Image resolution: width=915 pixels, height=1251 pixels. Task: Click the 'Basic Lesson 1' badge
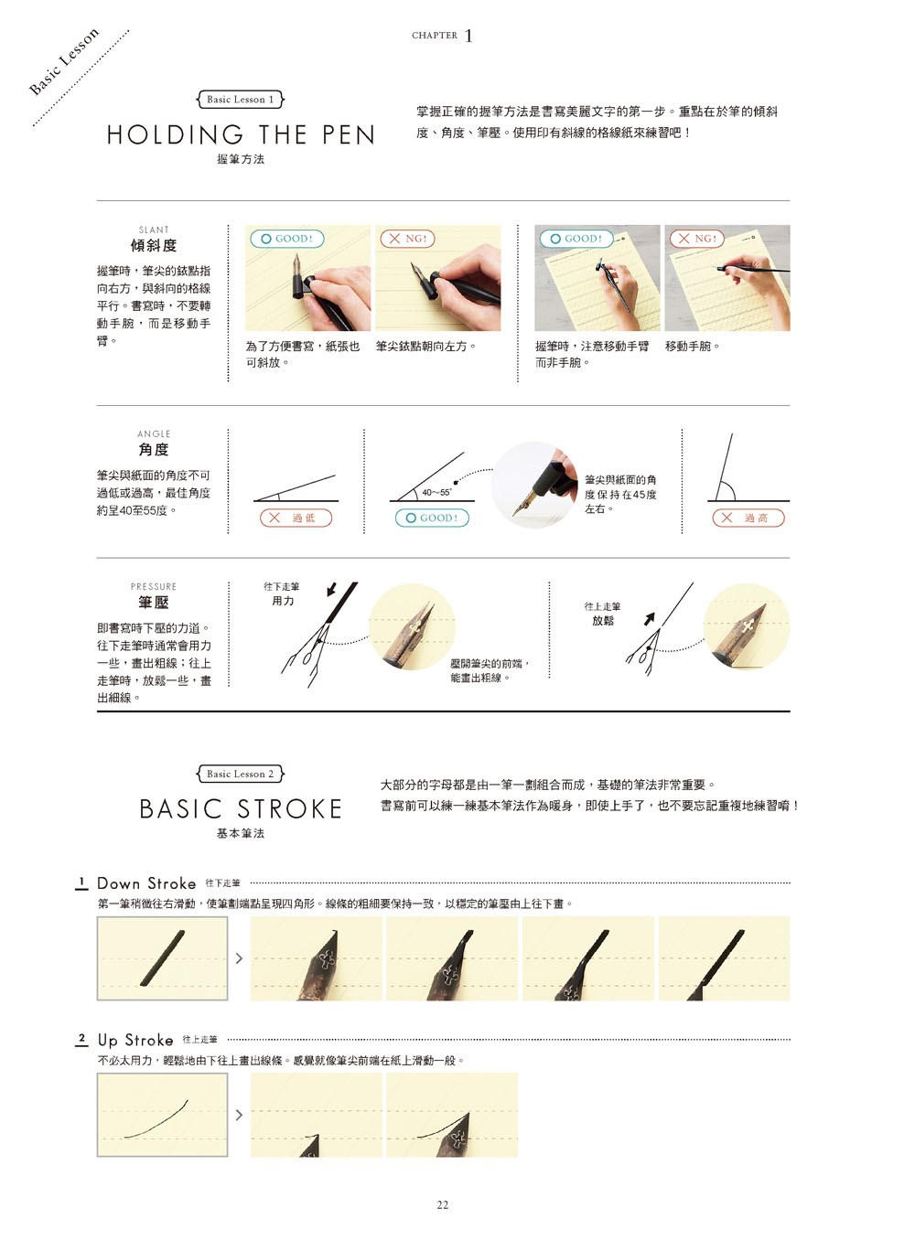click(240, 100)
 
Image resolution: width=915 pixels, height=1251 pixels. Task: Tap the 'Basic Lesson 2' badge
click(240, 774)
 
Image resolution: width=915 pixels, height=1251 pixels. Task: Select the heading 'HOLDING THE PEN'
click(241, 135)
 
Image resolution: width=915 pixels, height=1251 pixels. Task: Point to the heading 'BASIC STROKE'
click(241, 808)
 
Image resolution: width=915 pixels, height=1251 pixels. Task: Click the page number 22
click(442, 1204)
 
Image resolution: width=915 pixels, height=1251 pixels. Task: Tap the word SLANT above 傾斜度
click(154, 230)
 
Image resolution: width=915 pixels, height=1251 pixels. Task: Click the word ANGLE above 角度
click(154, 434)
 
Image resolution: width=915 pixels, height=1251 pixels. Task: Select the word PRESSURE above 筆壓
click(154, 586)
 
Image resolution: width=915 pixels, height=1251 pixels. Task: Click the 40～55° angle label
click(436, 492)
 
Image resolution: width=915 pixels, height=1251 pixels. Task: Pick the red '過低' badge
click(296, 518)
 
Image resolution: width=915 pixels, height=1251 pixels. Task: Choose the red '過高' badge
click(748, 518)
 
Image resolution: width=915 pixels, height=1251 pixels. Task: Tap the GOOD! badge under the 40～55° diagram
click(432, 518)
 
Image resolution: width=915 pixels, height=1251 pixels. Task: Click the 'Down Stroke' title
click(146, 883)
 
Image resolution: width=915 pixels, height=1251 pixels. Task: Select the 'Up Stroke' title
click(135, 1040)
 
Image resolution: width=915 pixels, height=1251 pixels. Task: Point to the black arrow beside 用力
click(331, 589)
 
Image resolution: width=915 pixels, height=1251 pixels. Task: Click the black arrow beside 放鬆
click(649, 619)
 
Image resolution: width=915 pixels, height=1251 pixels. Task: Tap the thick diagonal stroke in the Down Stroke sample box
click(162, 957)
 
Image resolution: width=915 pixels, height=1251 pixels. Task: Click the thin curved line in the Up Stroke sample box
click(156, 1120)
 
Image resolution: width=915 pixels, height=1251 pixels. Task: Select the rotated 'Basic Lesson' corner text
click(64, 61)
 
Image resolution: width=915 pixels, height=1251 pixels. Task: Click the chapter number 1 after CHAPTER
click(468, 37)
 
